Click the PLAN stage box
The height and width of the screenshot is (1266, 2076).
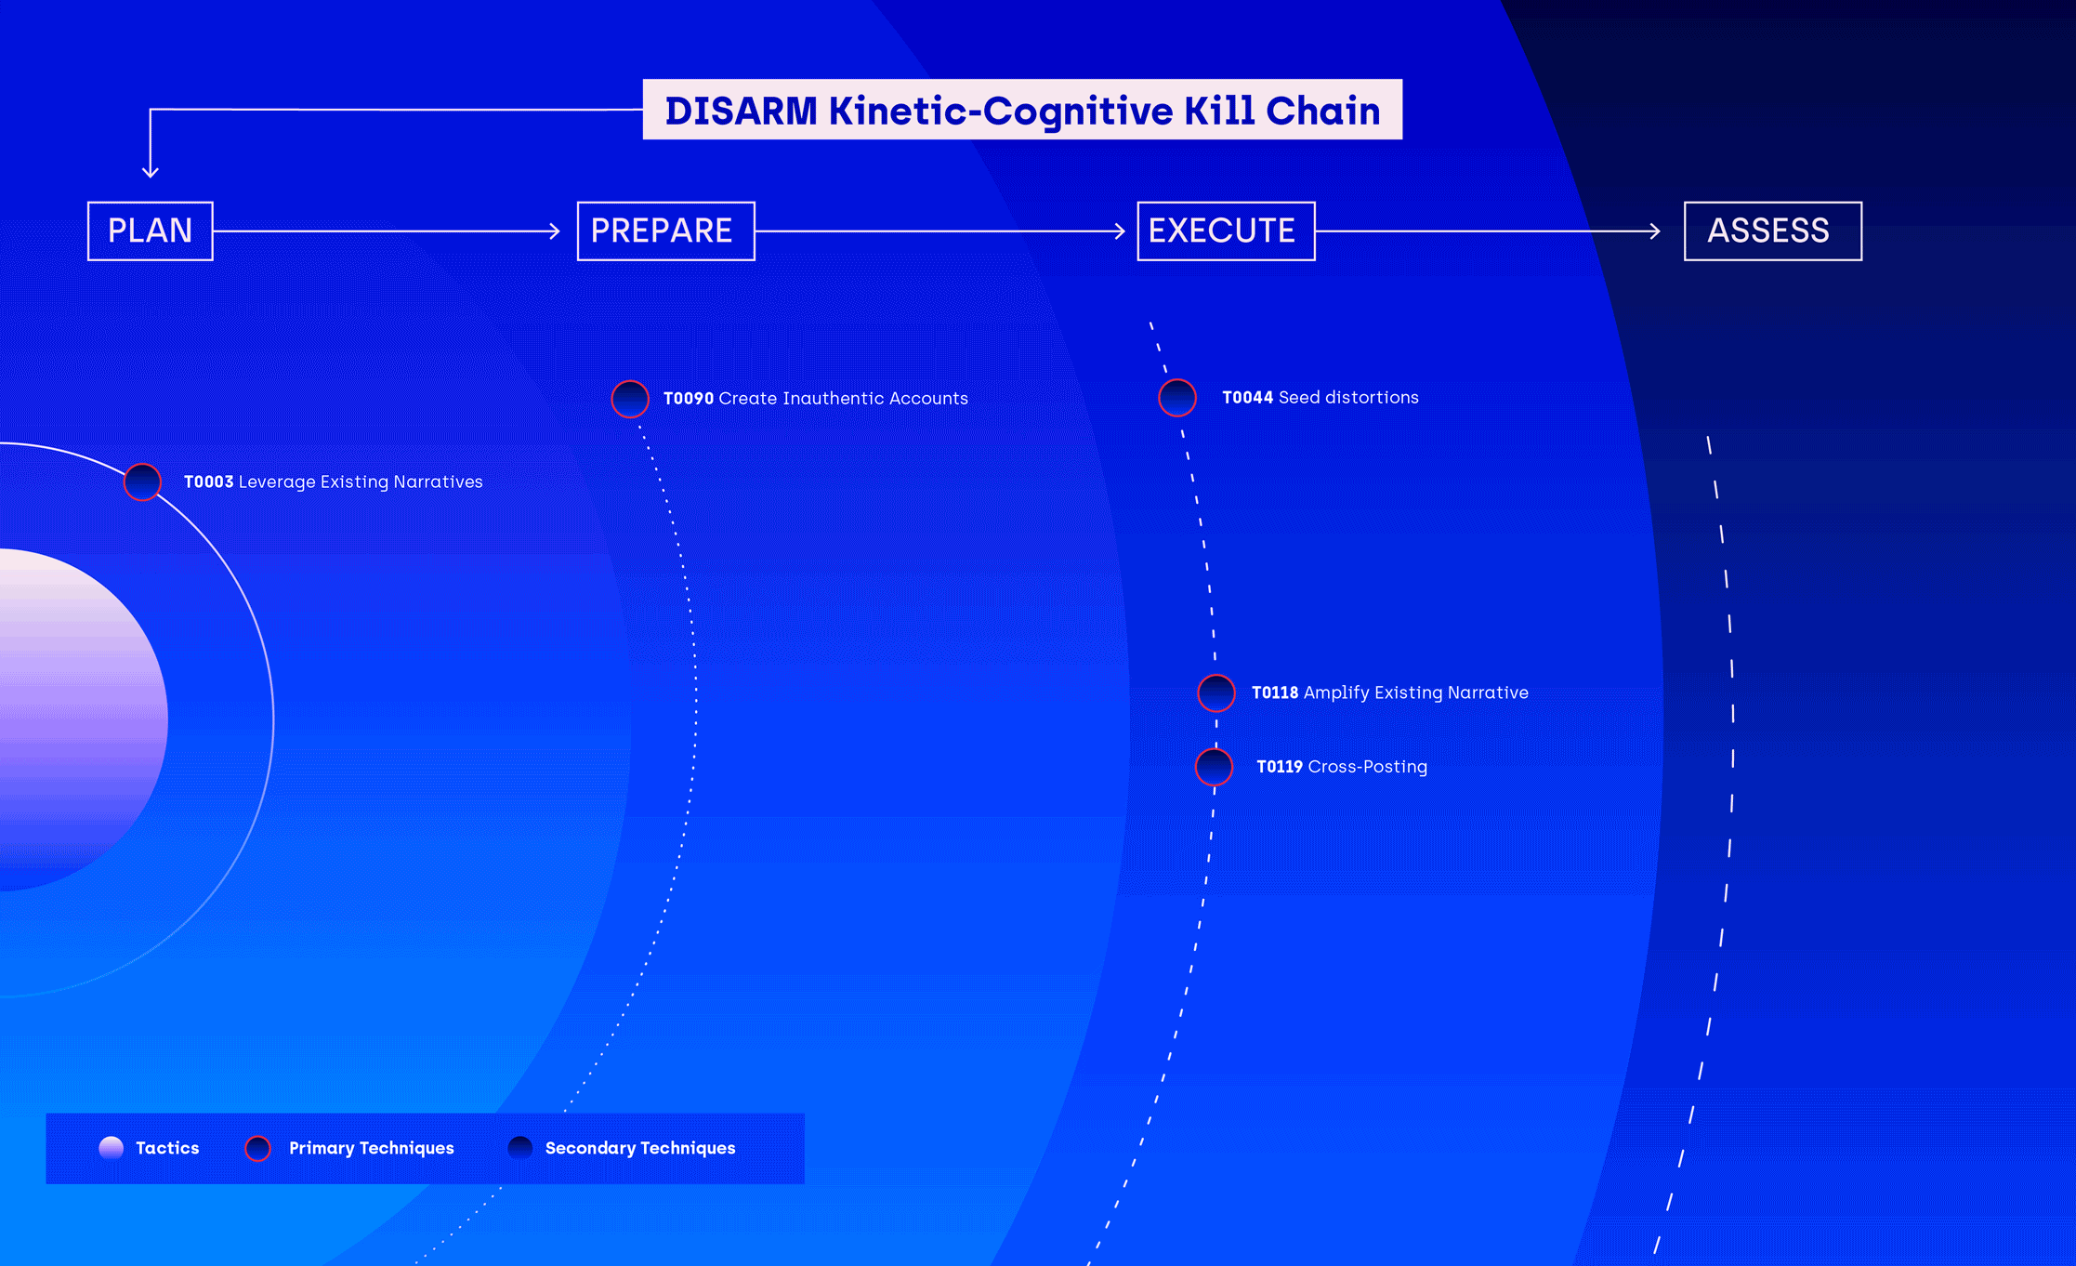[x=150, y=231]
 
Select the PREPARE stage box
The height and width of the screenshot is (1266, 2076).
[x=665, y=231]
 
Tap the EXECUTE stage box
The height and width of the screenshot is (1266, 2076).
[x=1226, y=231]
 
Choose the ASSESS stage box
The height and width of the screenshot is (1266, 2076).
[x=1772, y=231]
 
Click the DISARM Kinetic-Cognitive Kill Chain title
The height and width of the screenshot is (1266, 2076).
[x=1022, y=110]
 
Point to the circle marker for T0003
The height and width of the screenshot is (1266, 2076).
[x=143, y=481]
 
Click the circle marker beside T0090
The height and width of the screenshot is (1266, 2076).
[x=630, y=399]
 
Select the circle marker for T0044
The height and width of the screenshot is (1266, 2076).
[x=1177, y=398]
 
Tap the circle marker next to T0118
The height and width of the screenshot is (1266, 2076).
[x=1216, y=692]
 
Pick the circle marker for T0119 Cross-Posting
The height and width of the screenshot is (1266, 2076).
[x=1214, y=767]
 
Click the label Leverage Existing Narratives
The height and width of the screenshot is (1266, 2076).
[x=361, y=481]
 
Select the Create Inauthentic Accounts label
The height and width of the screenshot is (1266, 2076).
[x=843, y=399]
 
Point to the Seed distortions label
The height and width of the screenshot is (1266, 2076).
[x=1348, y=398]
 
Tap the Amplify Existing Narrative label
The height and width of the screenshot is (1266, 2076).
[x=1415, y=692]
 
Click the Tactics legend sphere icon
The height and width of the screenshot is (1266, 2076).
[x=112, y=1148]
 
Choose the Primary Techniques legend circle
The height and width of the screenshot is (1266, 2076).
[x=257, y=1148]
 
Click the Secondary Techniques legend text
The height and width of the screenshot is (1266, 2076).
[x=639, y=1148]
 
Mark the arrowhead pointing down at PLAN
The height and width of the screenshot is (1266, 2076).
[x=151, y=172]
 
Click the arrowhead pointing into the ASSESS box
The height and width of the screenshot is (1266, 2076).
[x=1655, y=231]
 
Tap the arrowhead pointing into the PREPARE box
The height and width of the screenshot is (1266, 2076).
[x=555, y=231]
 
